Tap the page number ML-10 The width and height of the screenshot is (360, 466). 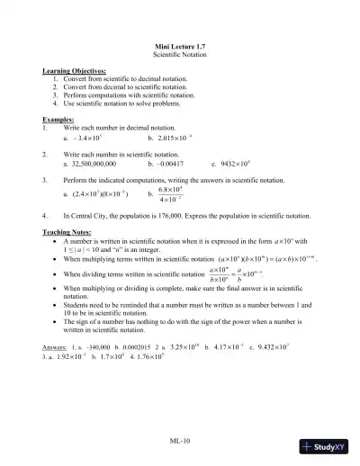pos(180,440)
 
